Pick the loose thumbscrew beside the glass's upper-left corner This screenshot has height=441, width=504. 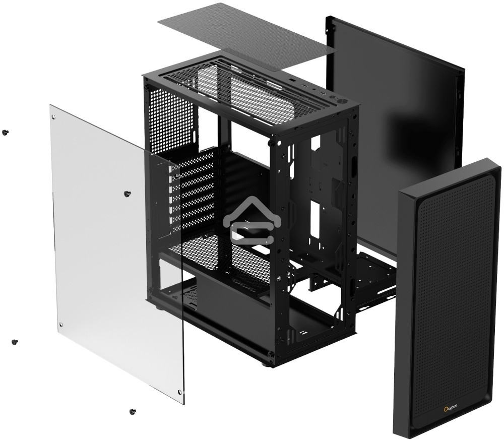5,132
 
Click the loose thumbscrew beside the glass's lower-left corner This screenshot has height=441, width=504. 14,342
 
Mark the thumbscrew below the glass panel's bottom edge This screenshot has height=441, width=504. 133,412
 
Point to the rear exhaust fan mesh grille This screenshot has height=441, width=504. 171,118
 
